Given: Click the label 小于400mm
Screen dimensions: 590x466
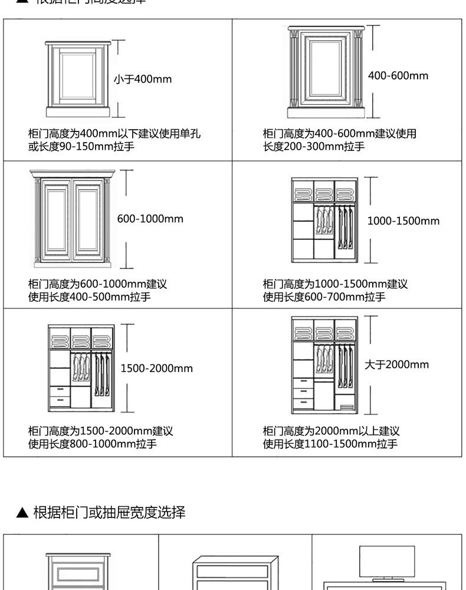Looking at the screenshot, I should click(143, 79).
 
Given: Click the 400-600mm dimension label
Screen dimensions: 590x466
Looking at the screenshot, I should click(398, 75).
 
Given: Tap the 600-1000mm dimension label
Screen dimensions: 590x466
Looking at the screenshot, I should click(150, 219).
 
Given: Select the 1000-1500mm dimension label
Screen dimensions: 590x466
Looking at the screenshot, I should click(403, 221).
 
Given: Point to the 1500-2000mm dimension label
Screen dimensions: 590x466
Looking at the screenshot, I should click(156, 368).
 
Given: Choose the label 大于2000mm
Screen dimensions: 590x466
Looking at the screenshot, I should click(396, 364).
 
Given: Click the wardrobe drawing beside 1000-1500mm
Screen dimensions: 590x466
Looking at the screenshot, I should click(324, 220).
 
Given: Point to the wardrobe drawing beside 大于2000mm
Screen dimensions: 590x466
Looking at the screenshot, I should click(324, 365).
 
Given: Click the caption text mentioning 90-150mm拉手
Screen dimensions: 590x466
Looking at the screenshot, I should click(81, 146).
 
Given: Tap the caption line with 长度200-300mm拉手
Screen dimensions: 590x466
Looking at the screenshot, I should click(314, 146).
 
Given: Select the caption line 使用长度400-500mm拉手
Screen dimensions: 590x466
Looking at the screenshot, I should click(90, 296).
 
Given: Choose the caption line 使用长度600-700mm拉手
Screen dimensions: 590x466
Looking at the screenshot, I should click(324, 296).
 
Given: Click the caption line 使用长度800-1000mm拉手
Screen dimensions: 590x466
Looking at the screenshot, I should click(93, 444).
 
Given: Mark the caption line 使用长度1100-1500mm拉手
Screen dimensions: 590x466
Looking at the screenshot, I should click(330, 444).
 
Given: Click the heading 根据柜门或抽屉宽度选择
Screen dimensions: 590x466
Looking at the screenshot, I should click(109, 512).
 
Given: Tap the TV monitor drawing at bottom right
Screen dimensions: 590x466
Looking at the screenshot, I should click(387, 562).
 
